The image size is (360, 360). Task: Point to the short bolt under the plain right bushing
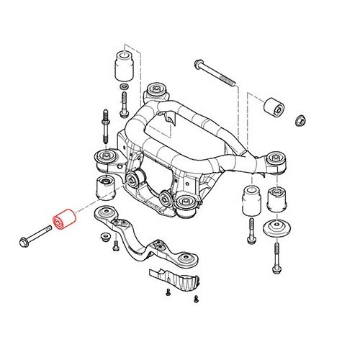[x=251, y=231]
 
